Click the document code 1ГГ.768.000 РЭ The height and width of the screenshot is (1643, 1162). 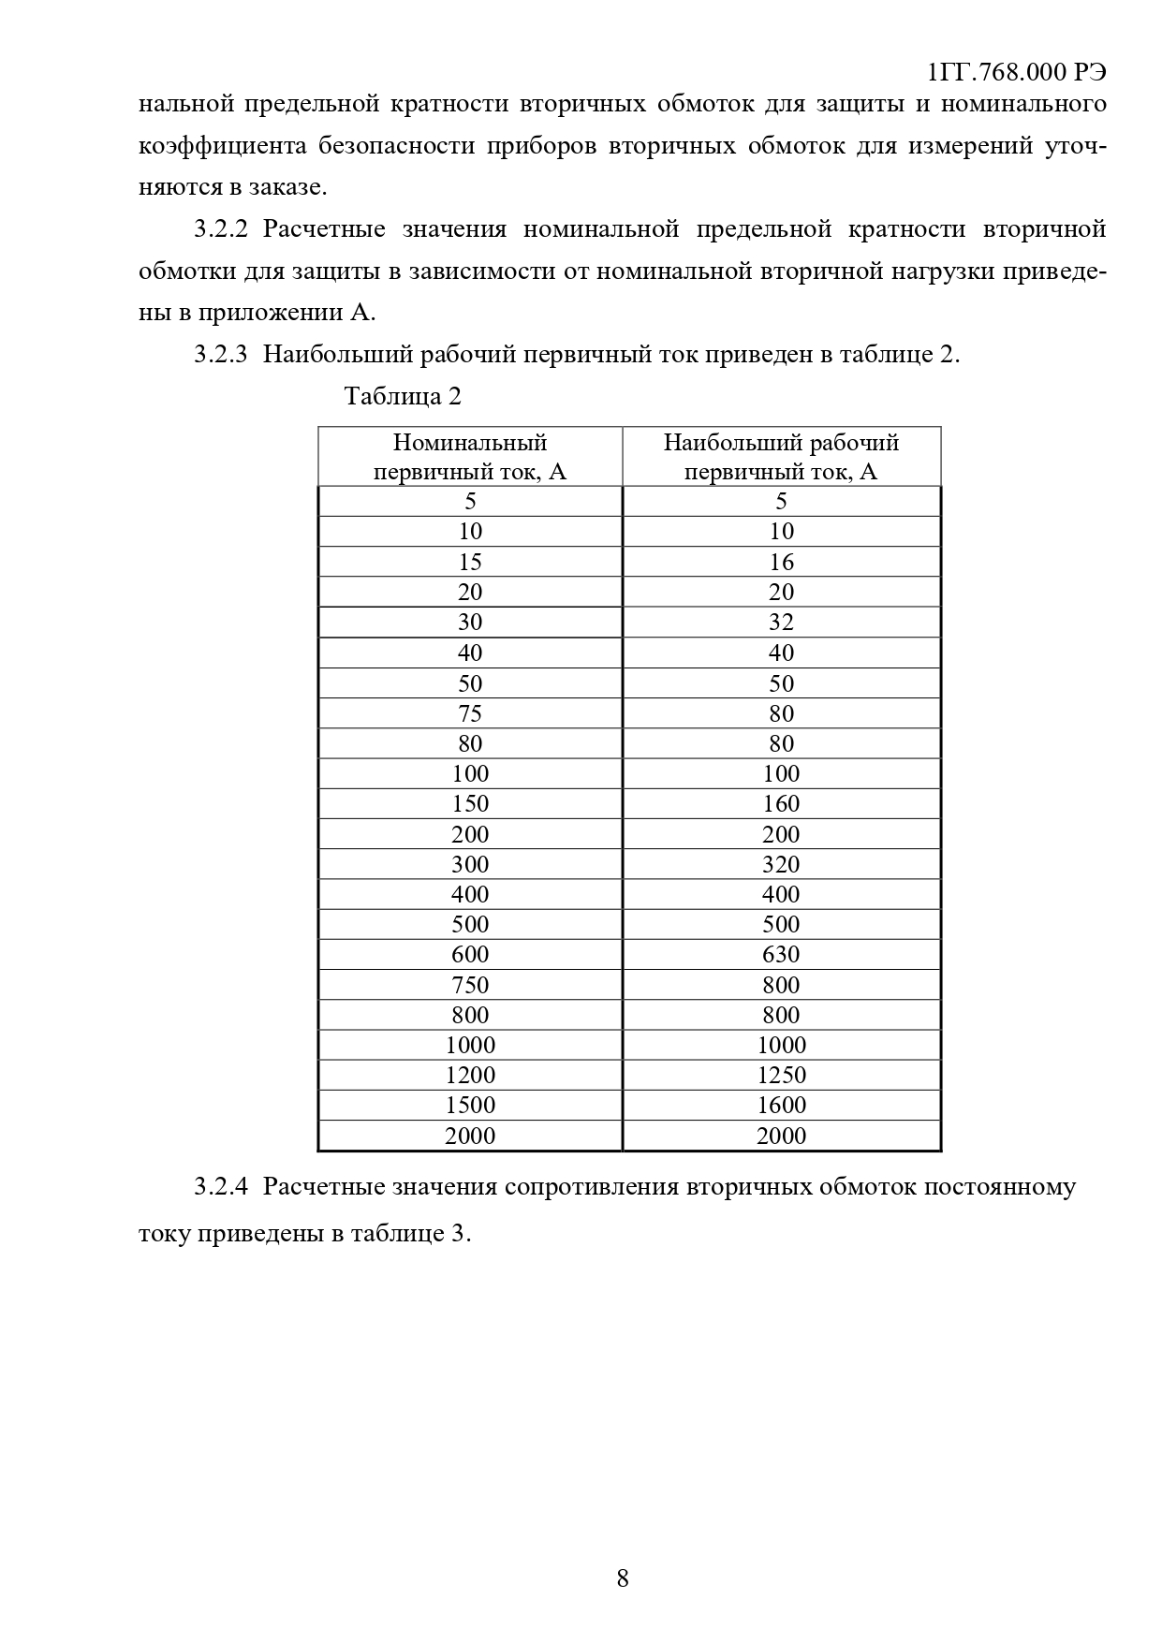[x=1016, y=74]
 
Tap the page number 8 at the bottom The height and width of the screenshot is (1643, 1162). [x=623, y=1578]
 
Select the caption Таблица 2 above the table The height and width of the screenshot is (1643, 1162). [x=403, y=396]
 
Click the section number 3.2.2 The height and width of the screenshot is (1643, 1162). [x=221, y=229]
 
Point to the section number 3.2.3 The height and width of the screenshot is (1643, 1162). [x=221, y=355]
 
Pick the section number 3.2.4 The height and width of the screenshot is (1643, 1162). [x=221, y=1187]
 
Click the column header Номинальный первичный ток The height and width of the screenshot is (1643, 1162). [x=470, y=456]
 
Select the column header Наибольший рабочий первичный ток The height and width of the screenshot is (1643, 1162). [x=781, y=456]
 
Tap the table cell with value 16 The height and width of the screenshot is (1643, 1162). [x=781, y=562]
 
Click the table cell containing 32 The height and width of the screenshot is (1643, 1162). [x=781, y=623]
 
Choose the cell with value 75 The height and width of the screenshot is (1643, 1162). [x=470, y=713]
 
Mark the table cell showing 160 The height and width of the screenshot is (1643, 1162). [x=781, y=803]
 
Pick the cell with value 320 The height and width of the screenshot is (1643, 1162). [x=781, y=864]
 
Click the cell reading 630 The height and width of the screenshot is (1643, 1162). [x=781, y=954]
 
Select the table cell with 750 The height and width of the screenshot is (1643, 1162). [x=470, y=985]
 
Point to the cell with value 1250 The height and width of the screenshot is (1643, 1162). [x=781, y=1075]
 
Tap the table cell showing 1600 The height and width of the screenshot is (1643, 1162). [x=781, y=1105]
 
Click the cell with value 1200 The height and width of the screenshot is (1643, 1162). [x=470, y=1075]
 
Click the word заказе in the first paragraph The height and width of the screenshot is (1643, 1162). [x=287, y=187]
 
